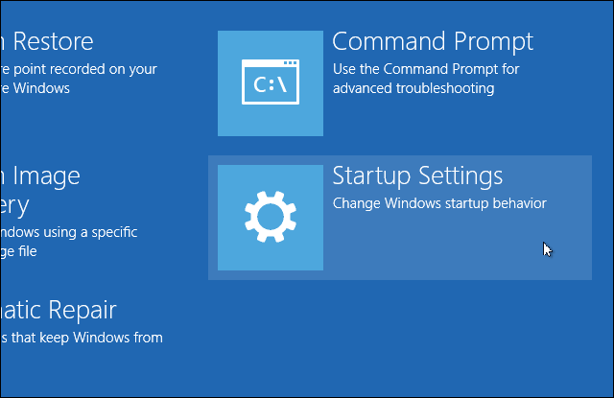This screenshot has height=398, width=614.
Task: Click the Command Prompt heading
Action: (x=432, y=43)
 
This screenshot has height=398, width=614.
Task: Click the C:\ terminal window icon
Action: (x=270, y=83)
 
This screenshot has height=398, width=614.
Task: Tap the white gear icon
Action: (x=270, y=217)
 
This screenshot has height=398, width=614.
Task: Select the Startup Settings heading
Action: (x=417, y=177)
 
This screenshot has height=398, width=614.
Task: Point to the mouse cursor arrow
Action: (x=546, y=249)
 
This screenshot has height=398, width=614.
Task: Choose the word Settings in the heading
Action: (x=459, y=177)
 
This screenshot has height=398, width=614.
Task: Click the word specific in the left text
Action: (x=114, y=232)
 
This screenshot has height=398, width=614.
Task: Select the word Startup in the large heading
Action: (x=370, y=177)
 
